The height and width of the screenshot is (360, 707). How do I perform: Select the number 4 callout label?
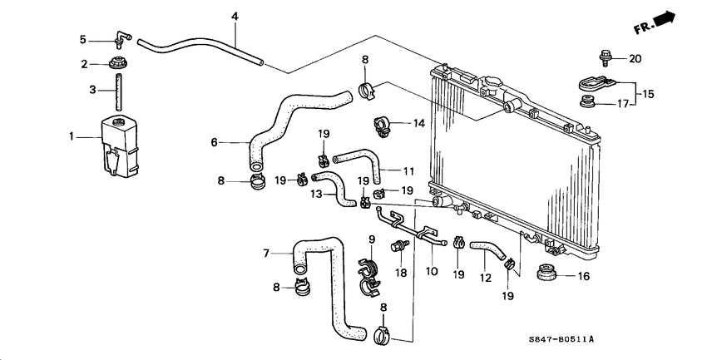(235, 17)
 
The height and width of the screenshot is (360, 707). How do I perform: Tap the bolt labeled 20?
(603, 58)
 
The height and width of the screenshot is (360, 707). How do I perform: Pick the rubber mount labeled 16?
(547, 274)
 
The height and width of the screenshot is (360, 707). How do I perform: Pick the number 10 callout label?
(432, 271)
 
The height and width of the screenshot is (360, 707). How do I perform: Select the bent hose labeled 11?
(358, 159)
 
